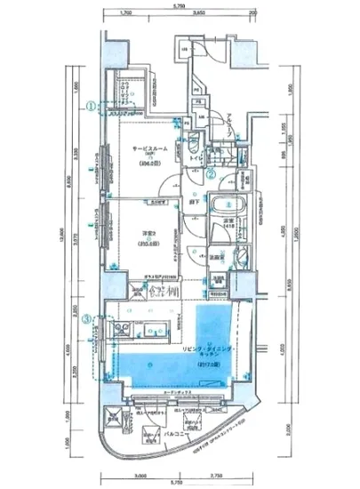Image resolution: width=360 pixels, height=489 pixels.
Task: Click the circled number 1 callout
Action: coord(91,104)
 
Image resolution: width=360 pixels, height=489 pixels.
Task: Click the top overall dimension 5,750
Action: coord(180,5)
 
